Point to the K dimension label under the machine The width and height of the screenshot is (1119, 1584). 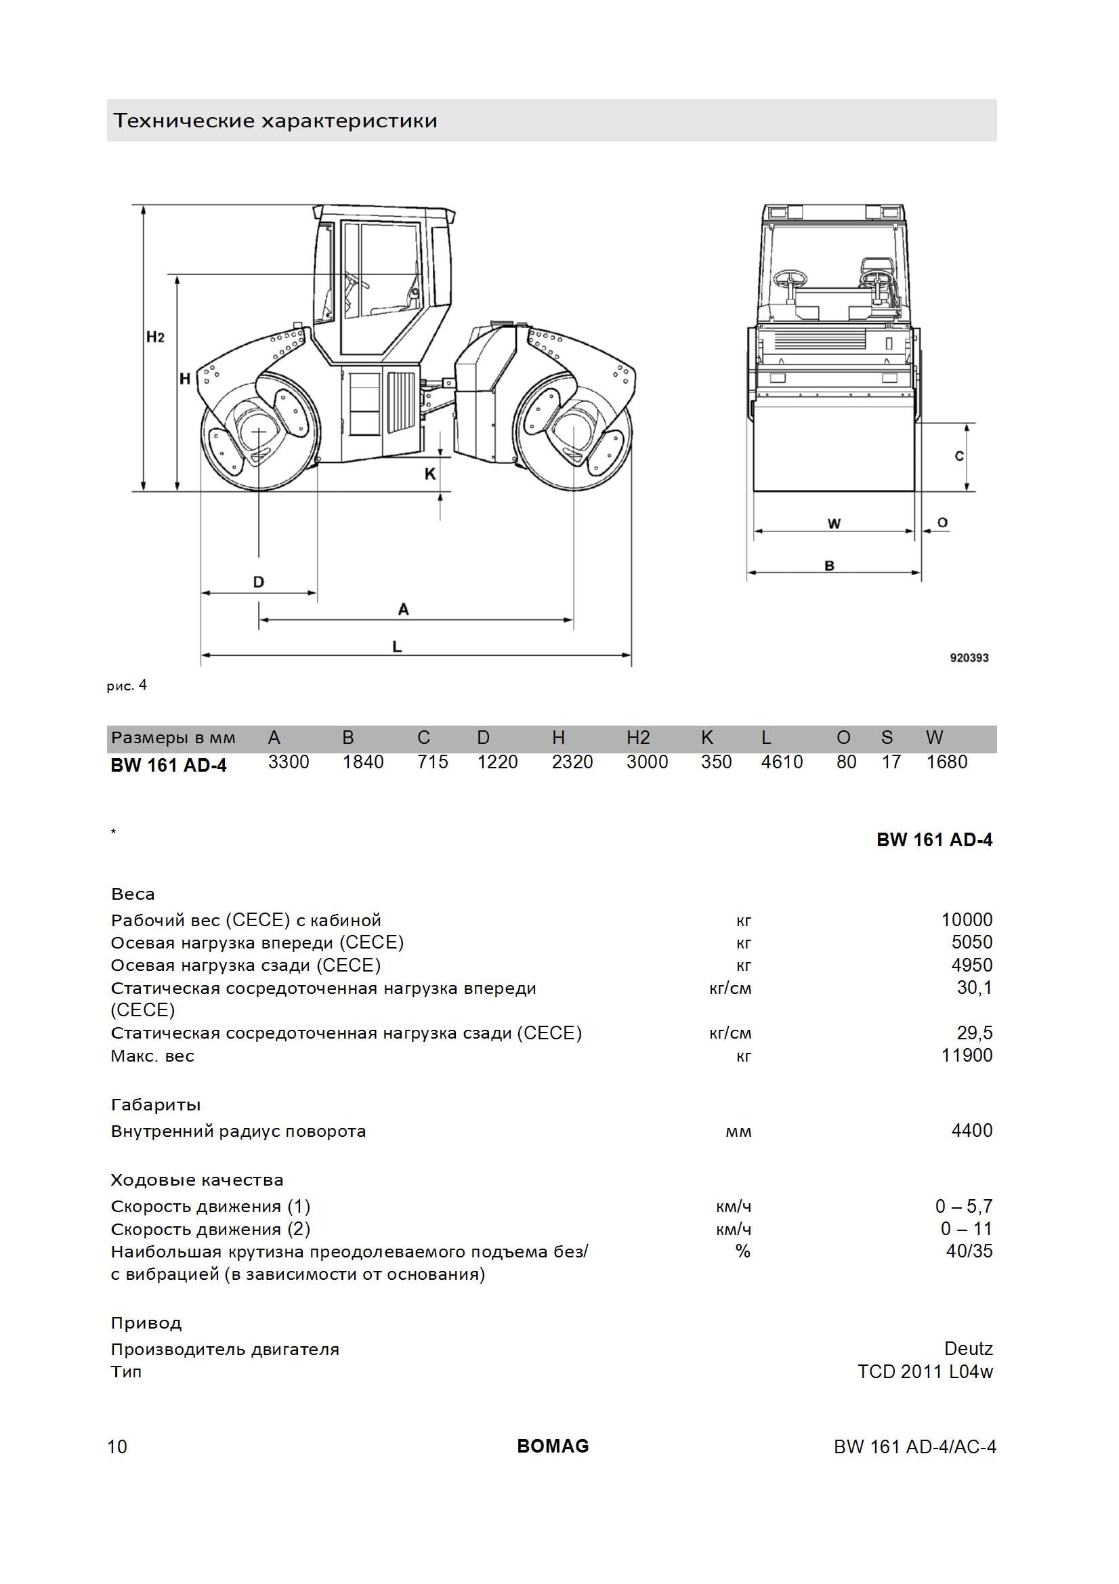tap(430, 474)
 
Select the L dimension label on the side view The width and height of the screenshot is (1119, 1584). tap(397, 646)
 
